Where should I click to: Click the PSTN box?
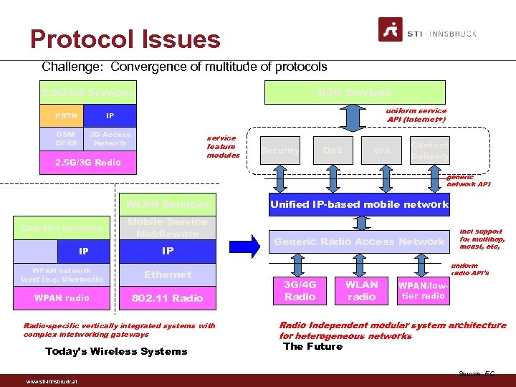(66, 115)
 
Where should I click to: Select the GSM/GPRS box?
(66, 138)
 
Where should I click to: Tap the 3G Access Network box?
(110, 138)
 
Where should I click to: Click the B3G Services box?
(355, 92)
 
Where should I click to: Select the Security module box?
(279, 150)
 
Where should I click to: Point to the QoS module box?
(332, 150)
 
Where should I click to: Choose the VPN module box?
(381, 150)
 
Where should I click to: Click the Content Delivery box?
(430, 150)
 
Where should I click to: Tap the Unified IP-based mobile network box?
(359, 204)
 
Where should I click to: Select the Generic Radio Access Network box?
(359, 242)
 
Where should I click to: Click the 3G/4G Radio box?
(300, 290)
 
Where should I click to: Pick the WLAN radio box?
(361, 290)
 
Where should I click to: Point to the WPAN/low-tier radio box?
(423, 290)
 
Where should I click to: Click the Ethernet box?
(168, 274)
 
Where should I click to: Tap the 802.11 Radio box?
(168, 298)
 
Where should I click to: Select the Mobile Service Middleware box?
(168, 227)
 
